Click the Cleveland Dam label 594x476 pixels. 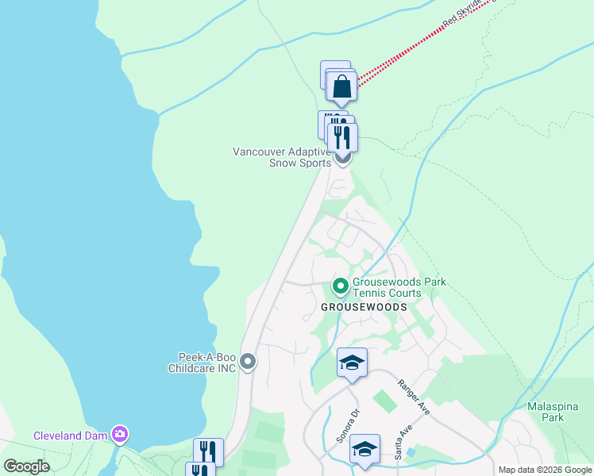click(x=70, y=435)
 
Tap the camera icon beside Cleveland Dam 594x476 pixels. click(x=120, y=434)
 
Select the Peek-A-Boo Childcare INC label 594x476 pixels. click(x=202, y=363)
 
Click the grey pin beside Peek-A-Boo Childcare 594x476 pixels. click(x=248, y=363)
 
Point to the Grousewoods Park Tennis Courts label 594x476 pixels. click(x=399, y=287)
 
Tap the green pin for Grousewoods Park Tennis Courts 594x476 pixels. click(x=340, y=286)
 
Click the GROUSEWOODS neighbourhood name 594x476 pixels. click(x=364, y=307)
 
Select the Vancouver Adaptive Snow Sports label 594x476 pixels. click(x=282, y=157)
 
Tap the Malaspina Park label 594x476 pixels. click(x=546, y=412)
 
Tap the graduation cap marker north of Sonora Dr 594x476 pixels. click(x=352, y=363)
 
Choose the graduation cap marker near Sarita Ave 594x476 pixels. click(x=364, y=448)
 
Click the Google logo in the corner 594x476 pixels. click(x=26, y=466)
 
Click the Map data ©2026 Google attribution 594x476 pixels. click(x=546, y=470)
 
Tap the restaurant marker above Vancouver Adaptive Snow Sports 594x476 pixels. click(x=342, y=136)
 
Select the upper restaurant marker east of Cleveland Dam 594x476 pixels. click(x=208, y=451)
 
